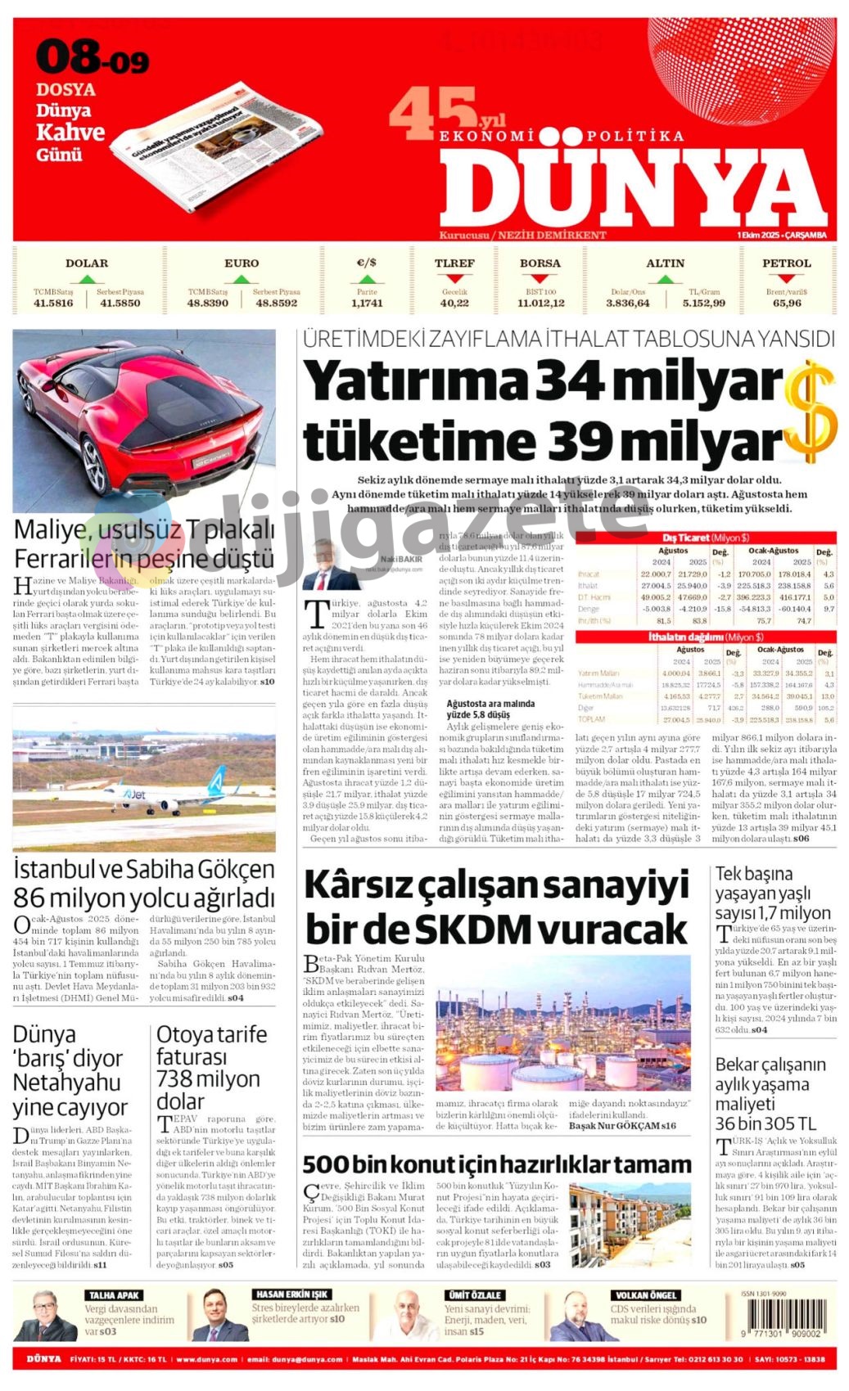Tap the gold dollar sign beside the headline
810,411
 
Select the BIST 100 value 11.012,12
540,303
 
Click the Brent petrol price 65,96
787,303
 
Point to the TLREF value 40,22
454,303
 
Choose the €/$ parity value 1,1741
367,303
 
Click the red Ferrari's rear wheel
93,469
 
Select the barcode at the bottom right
780,1318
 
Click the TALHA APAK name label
114,1295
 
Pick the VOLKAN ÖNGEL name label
645,1295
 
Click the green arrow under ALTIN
665,279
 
